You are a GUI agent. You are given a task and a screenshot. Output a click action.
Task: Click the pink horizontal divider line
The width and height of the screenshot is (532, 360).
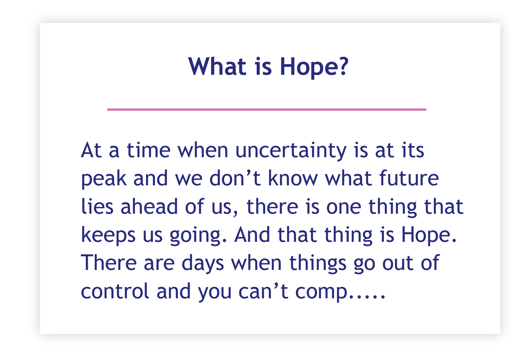pyautogui.click(x=267, y=109)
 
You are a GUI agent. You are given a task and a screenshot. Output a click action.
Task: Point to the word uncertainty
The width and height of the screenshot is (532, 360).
pyautogui.click(x=291, y=151)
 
